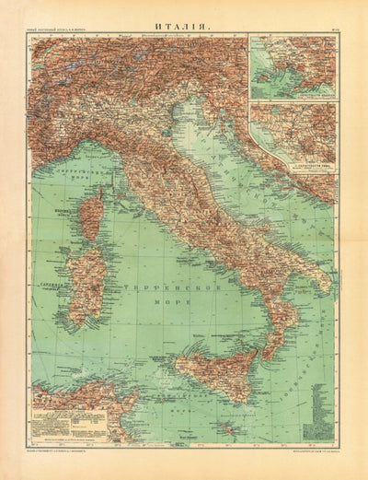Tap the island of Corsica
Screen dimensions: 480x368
coord(92,217)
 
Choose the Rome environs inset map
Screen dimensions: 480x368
coord(292,134)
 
